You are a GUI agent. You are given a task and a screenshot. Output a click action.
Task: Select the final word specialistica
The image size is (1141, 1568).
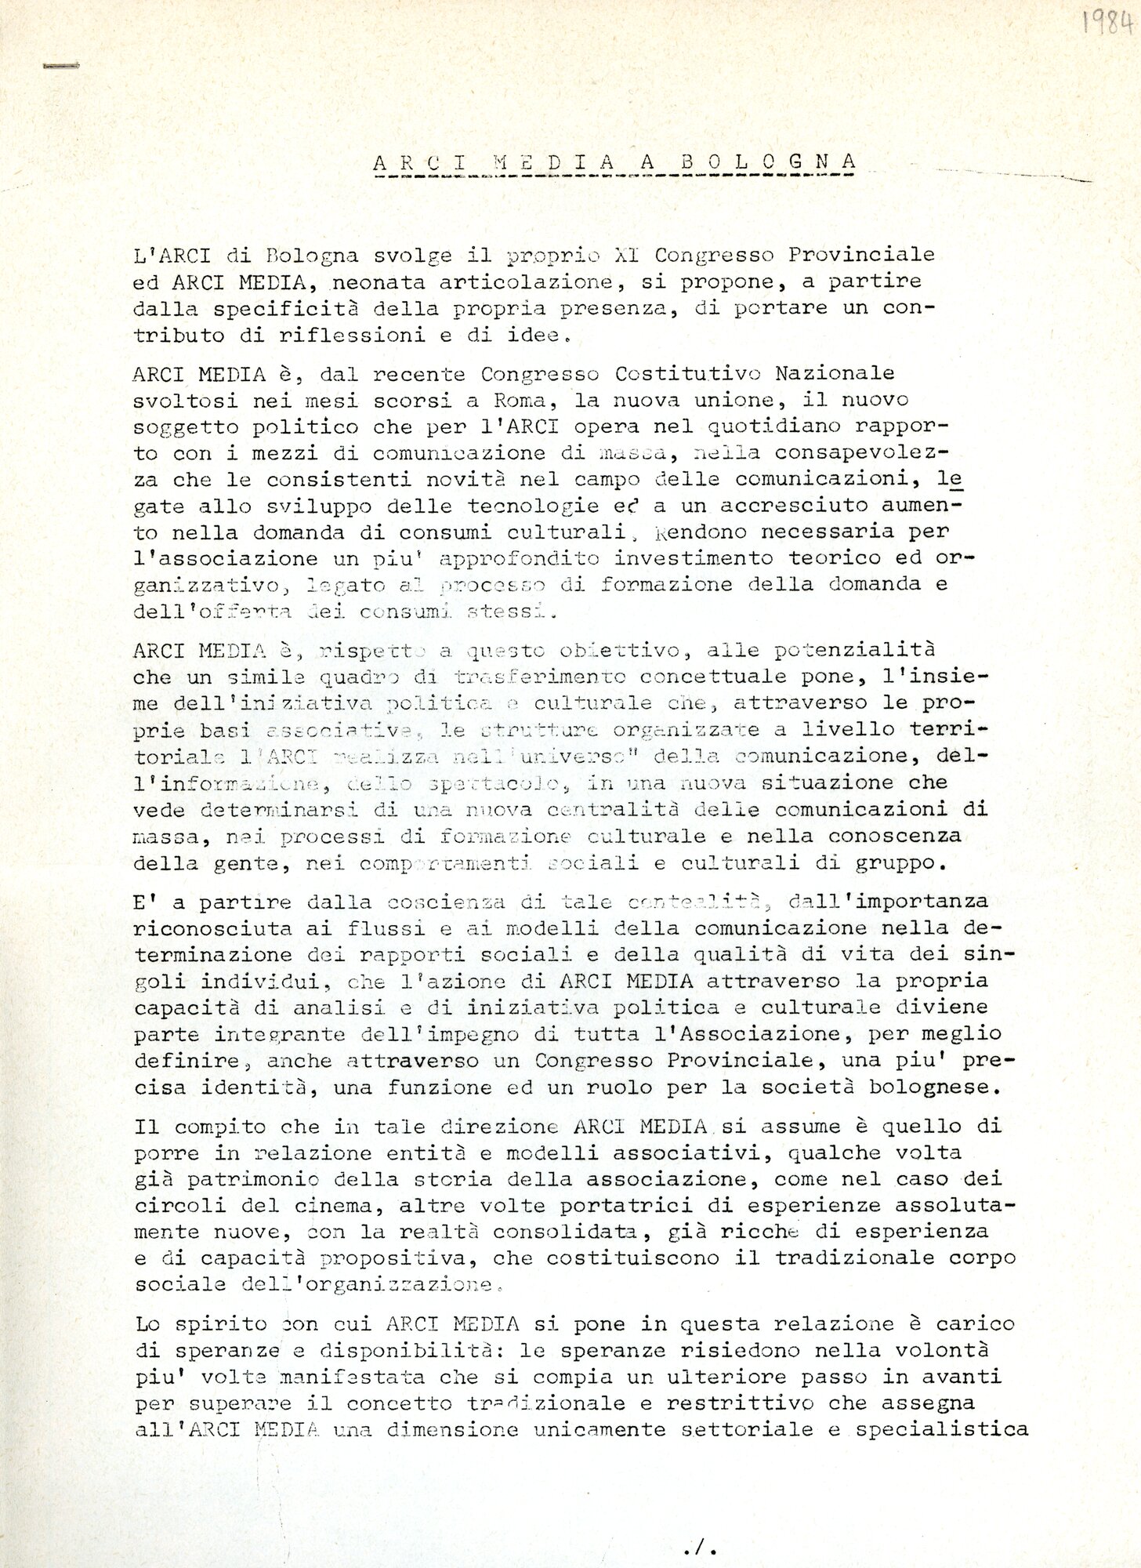point(942,1428)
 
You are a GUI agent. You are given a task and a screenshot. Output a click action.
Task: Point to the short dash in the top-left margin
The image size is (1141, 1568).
point(62,67)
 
